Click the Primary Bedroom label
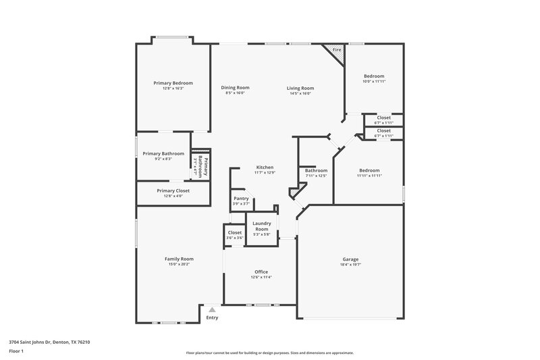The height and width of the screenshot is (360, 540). [x=168, y=82]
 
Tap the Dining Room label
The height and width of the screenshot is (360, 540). [x=235, y=87]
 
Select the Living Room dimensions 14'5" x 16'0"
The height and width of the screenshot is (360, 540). [x=300, y=93]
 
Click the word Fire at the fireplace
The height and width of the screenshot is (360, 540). [x=336, y=50]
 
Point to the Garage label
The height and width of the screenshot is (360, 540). [x=350, y=259]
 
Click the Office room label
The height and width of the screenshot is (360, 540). [x=261, y=272]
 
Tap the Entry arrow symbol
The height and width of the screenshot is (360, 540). [x=212, y=309]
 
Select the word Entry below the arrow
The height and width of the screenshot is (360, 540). [x=212, y=317]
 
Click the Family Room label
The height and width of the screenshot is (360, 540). [x=179, y=259]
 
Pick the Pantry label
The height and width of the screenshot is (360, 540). [x=241, y=199]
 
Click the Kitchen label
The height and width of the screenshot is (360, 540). [x=264, y=167]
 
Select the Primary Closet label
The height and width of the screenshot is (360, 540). [x=173, y=190]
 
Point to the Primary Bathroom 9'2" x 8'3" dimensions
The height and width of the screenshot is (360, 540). [x=163, y=159]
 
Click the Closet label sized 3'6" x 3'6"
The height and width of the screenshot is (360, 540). [x=235, y=232]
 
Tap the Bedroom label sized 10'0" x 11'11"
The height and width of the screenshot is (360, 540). [x=374, y=76]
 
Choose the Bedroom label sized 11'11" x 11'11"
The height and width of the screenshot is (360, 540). [x=370, y=170]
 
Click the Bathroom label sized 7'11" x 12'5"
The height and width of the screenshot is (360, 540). [x=316, y=170]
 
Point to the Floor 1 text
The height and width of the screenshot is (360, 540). [x=17, y=351]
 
